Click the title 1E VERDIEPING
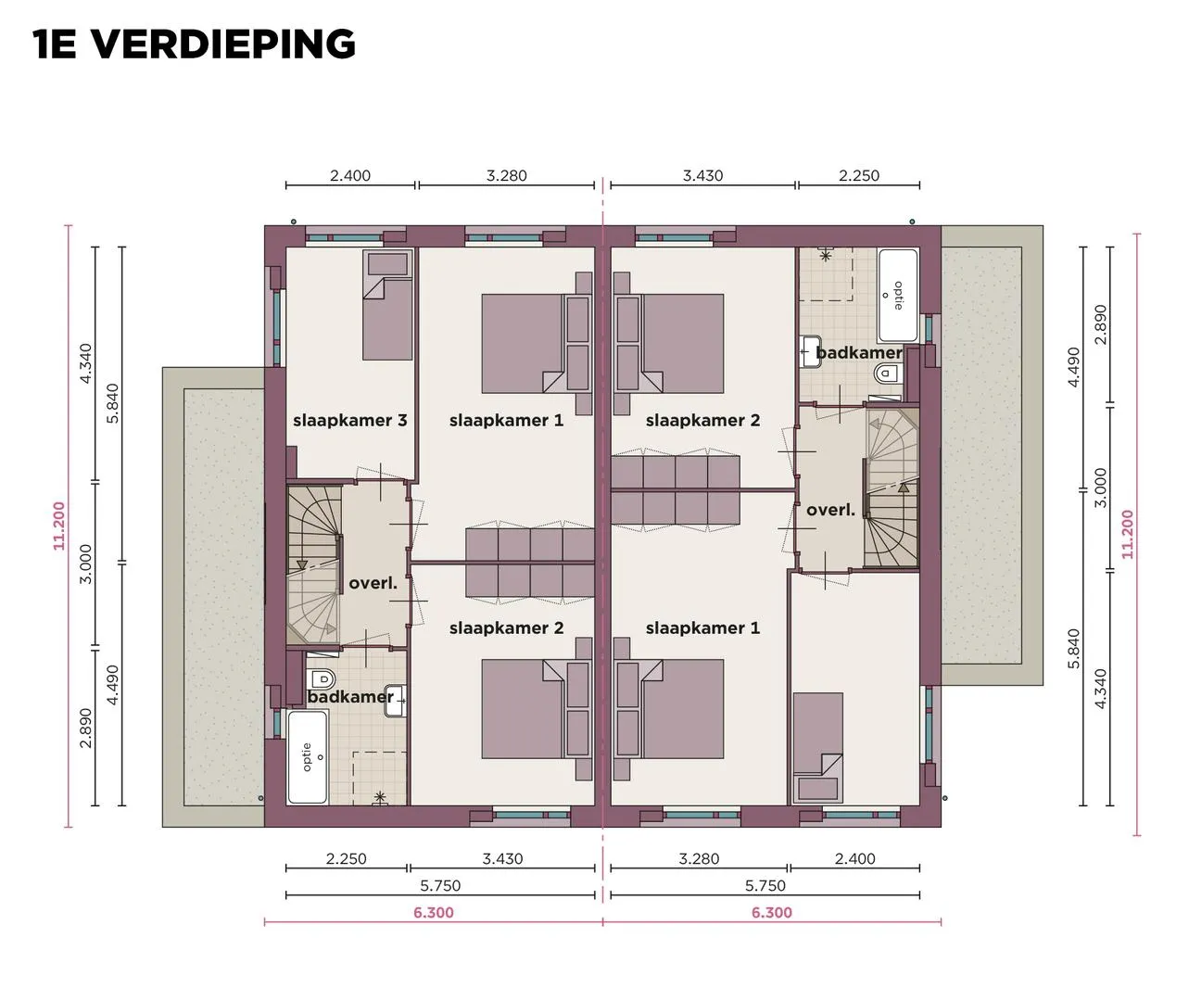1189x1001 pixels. coord(195,44)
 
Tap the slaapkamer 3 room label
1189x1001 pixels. coord(350,421)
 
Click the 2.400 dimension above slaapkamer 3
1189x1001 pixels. coord(350,175)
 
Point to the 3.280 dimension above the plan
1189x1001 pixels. coord(506,175)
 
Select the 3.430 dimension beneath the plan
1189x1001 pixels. coord(502,858)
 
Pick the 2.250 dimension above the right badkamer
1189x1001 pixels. coord(859,175)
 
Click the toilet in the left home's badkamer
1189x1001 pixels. coord(322,678)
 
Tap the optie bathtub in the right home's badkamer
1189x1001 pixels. coord(898,295)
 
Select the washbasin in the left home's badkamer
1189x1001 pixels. coord(395,700)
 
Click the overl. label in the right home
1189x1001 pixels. coord(831,510)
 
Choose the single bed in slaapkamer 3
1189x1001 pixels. coord(387,305)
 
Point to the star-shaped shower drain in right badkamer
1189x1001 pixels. coord(826,256)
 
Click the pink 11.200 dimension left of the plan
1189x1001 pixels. coord(59,526)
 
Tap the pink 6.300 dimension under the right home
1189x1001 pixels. coord(772,912)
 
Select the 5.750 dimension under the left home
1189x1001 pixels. coord(440,885)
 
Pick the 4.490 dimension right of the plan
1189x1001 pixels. coord(1073,367)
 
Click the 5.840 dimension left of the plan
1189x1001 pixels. coord(113,403)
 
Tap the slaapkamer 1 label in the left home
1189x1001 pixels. coord(506,421)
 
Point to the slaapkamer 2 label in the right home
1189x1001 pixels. coord(702,421)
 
